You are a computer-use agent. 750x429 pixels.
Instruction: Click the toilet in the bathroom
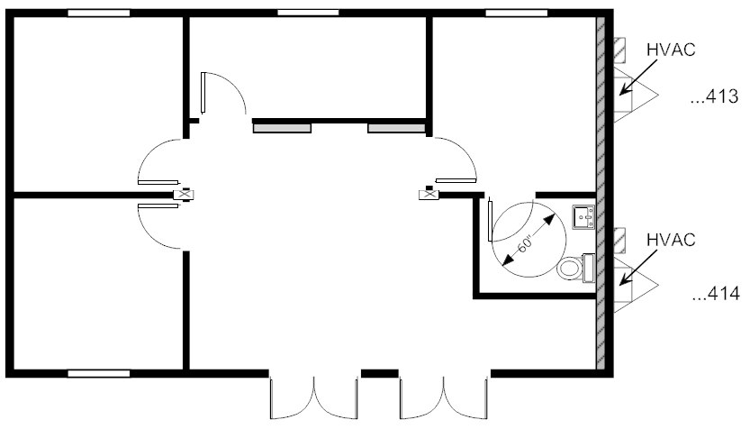[575, 269]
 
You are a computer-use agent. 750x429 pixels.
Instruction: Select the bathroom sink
[583, 217]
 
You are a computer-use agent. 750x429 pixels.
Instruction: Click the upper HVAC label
[671, 50]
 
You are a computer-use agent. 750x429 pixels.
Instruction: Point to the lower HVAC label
[671, 240]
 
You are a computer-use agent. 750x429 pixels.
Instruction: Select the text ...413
[715, 96]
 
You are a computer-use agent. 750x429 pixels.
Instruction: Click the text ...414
[716, 294]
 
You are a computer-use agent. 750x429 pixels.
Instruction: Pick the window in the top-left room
[98, 13]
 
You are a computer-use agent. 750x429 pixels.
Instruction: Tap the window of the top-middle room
[308, 13]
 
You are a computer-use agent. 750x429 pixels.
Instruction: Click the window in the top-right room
[517, 13]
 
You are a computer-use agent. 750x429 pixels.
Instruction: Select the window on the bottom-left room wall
[98, 373]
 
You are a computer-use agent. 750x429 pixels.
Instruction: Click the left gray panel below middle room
[282, 128]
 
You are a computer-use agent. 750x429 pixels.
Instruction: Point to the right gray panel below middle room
[396, 128]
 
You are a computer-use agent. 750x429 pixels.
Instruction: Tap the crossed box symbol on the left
[183, 195]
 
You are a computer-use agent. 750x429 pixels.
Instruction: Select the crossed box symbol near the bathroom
[429, 195]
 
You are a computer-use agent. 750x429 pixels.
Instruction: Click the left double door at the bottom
[313, 397]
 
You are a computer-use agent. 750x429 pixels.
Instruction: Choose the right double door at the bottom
[444, 397]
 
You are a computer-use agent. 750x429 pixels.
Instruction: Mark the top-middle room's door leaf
[203, 93]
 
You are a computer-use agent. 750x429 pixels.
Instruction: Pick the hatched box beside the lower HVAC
[619, 241]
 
